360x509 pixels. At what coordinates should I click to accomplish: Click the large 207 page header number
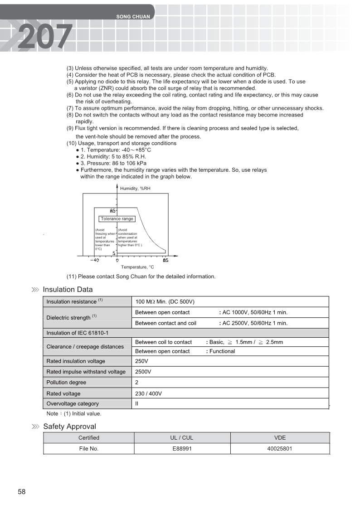pos(45,36)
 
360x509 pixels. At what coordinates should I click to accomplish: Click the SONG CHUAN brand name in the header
pos(133,17)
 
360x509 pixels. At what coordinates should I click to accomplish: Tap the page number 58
pos(22,492)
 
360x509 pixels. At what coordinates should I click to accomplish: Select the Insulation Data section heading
pos(68,290)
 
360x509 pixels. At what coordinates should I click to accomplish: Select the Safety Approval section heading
pos(69,427)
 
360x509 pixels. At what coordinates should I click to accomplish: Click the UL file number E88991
pos(181,449)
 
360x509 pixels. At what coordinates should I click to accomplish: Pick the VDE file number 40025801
pos(280,449)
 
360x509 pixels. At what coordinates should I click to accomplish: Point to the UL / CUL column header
pos(181,438)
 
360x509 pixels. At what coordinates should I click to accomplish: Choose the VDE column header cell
pos(280,438)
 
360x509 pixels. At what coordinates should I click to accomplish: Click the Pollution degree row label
pos(66,383)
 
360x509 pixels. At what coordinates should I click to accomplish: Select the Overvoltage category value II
pos(137,403)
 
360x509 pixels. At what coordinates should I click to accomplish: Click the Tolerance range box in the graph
pos(117,219)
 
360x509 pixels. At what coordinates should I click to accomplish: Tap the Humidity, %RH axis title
pos(135,189)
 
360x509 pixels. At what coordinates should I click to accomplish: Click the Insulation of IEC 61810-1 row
pos(78,333)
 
